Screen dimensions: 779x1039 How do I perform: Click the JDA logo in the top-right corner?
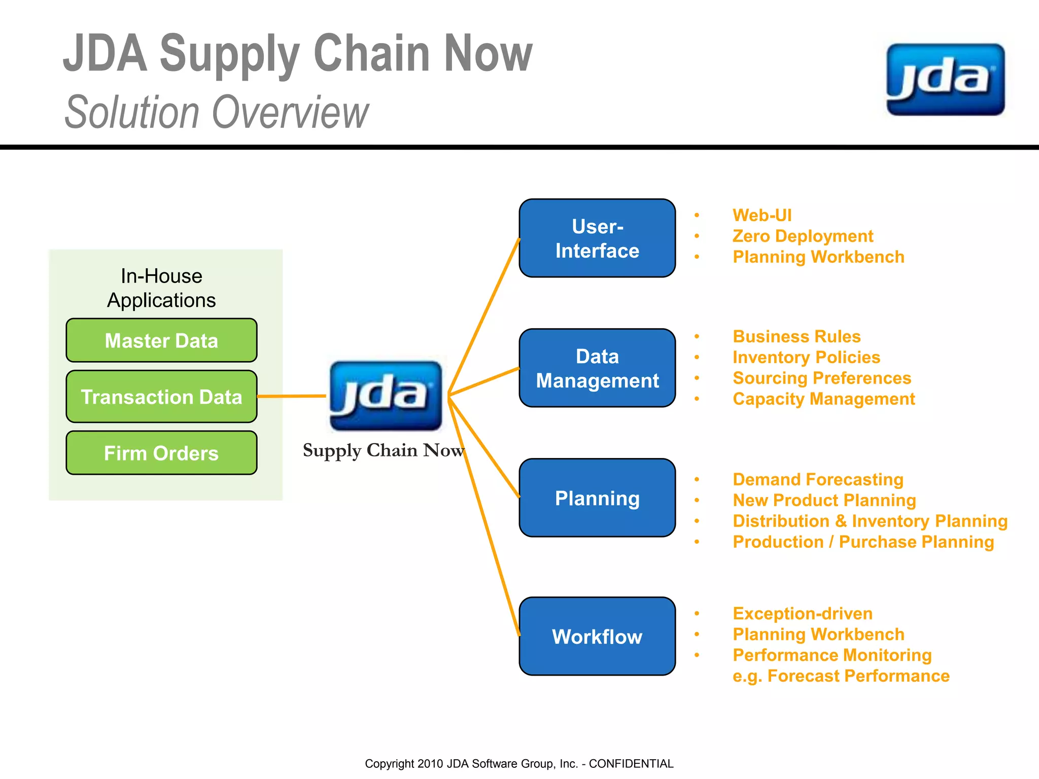[945, 80]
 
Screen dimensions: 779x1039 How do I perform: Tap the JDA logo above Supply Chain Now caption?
[386, 396]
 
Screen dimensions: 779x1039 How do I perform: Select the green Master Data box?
[161, 340]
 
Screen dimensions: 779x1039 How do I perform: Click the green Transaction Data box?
[161, 397]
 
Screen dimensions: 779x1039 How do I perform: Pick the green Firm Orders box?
[161, 453]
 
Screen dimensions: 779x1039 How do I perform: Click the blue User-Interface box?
[597, 238]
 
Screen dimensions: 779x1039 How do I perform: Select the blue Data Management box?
[597, 368]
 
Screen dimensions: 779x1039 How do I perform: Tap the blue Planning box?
[597, 498]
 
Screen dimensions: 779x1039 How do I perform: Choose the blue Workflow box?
[597, 636]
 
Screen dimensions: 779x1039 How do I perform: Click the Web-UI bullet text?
[762, 215]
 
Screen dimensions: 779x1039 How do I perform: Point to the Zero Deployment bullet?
[803, 236]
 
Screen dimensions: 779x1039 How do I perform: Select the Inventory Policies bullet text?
[806, 357]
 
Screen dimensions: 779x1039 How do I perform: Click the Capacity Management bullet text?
[823, 399]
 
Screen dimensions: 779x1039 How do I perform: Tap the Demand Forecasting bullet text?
[818, 479]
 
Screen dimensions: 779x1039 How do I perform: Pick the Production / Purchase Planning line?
[863, 542]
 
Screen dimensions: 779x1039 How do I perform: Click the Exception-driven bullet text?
[803, 613]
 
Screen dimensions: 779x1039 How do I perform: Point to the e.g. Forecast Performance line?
[841, 676]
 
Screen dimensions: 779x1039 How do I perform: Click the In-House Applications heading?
[161, 288]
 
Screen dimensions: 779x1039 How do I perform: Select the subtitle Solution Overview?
[217, 112]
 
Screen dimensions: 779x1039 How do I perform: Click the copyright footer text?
[519, 764]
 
